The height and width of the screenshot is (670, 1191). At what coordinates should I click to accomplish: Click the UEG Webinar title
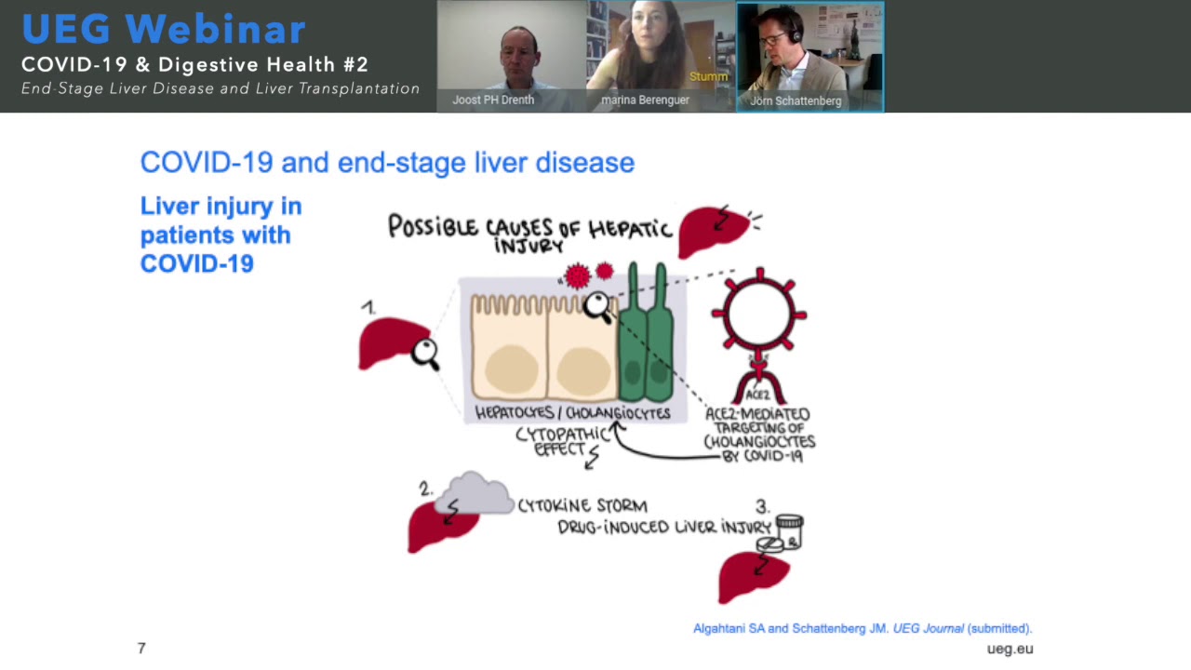click(x=164, y=29)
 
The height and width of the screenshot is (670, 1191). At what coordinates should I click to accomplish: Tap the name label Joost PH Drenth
click(x=493, y=100)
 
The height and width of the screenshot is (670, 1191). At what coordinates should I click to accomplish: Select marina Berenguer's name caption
click(x=644, y=100)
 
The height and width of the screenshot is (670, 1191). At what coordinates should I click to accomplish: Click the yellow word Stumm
click(x=708, y=76)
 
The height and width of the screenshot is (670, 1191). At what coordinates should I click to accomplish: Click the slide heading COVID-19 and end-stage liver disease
click(x=387, y=163)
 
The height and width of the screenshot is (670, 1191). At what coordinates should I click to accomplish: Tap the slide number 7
click(x=141, y=648)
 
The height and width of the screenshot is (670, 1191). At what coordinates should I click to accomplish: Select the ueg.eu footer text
click(x=1010, y=649)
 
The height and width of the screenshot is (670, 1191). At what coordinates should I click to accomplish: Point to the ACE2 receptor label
click(x=758, y=395)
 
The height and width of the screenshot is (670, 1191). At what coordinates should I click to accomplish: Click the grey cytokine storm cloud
click(x=475, y=496)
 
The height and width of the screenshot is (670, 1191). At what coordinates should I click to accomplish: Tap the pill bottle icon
click(x=788, y=531)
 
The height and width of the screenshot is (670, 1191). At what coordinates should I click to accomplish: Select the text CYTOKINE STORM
click(x=582, y=505)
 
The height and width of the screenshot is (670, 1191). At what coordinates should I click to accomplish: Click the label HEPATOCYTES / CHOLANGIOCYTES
click(x=572, y=413)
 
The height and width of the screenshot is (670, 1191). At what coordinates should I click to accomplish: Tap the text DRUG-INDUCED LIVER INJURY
click(x=664, y=527)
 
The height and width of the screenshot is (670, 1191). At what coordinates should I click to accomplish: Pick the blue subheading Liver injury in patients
click(x=221, y=234)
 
